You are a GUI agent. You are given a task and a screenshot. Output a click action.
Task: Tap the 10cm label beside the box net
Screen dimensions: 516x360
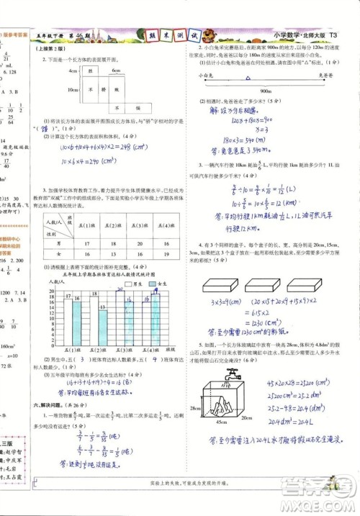coord(73,91)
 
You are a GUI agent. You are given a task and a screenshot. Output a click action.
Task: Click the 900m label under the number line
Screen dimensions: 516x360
coord(264,91)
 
